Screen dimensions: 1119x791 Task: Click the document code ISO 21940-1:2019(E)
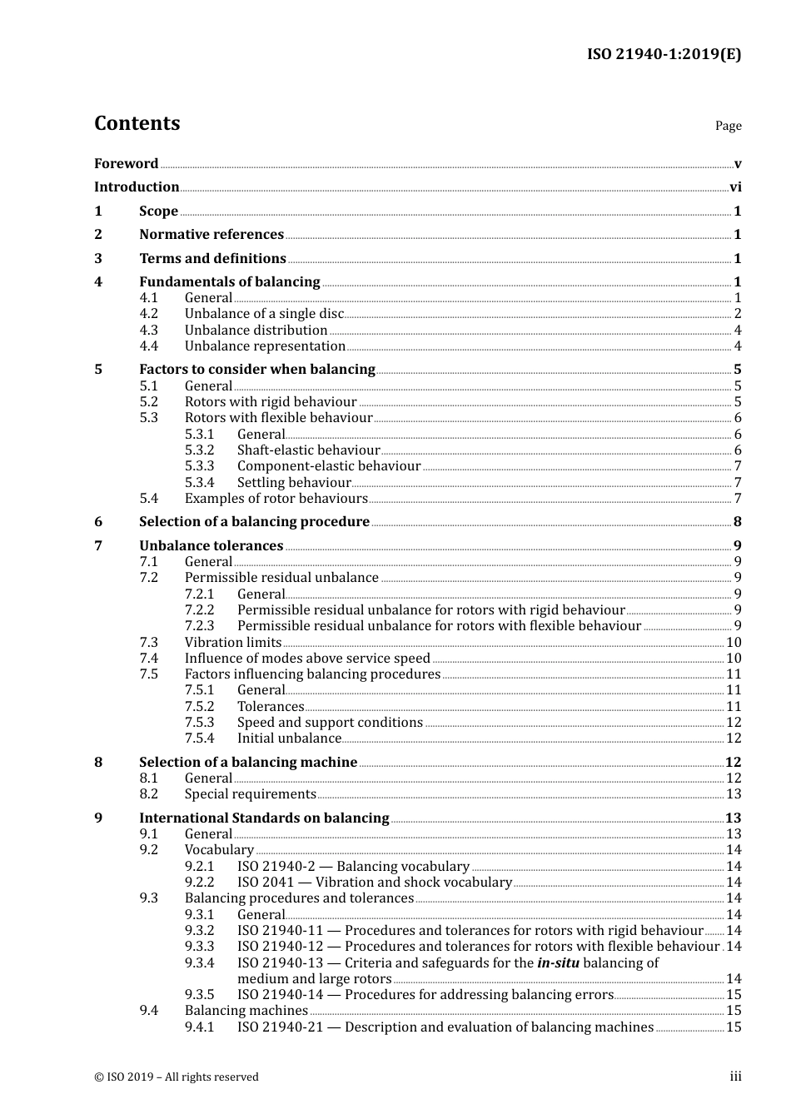click(664, 55)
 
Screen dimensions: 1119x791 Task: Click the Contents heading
click(137, 123)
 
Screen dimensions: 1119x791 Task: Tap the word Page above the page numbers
click(728, 126)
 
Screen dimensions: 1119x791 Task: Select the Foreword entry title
click(126, 163)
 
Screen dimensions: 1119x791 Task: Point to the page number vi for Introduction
click(735, 187)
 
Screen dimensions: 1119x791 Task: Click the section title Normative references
click(211, 235)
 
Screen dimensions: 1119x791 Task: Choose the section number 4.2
click(148, 314)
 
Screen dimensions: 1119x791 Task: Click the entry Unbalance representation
click(265, 346)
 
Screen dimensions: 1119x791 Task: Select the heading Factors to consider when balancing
click(257, 370)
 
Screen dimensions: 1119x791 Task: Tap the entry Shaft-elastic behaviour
click(308, 450)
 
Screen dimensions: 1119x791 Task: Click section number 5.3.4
click(199, 483)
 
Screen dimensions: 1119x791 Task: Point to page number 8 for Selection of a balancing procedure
click(737, 522)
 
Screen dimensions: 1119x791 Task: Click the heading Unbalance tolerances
click(211, 546)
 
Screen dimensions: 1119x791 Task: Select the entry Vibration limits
click(233, 643)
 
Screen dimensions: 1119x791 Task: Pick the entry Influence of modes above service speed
click(307, 659)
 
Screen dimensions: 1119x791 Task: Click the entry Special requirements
click(250, 794)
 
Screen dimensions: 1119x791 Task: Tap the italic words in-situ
click(558, 963)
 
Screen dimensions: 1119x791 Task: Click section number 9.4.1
click(199, 1027)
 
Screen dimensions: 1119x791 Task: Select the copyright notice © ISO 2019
click(177, 1077)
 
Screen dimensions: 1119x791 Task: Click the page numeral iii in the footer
click(735, 1077)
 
